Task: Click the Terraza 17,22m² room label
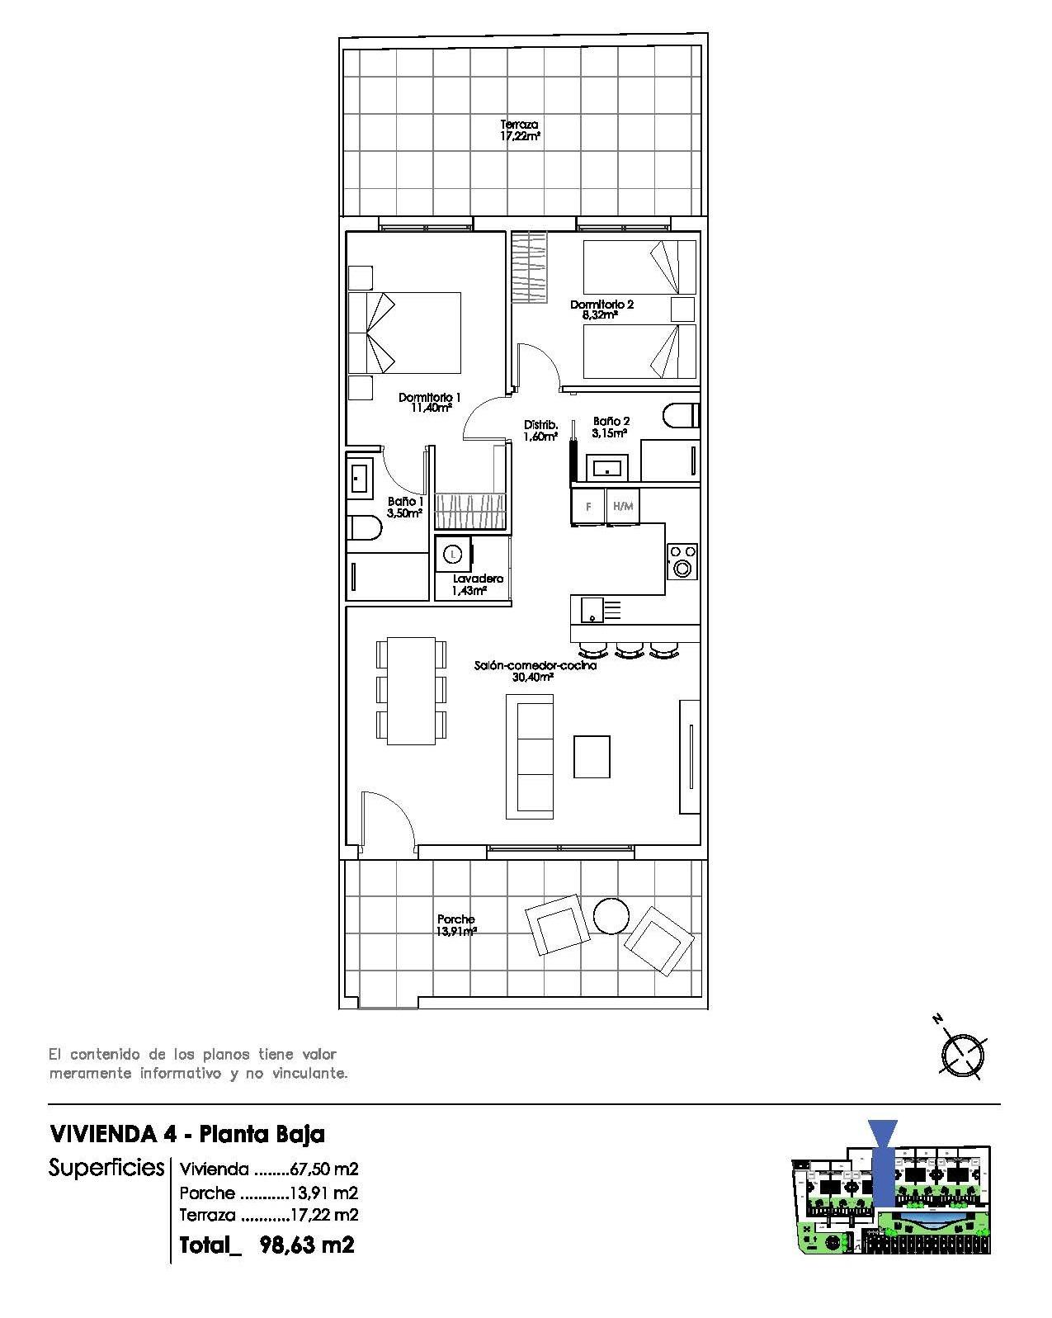coord(520,130)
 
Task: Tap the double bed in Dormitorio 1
coord(404,333)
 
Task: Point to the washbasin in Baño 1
coord(360,479)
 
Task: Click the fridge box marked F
coord(588,507)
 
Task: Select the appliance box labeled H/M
coord(623,507)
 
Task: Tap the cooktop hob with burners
coord(682,560)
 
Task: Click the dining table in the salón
coord(411,690)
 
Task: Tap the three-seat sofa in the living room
coord(530,756)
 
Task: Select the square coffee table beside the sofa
coord(592,757)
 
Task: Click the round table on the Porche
coord(611,915)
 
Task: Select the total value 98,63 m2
coord(306,1245)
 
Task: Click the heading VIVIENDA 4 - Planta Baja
coord(187,1133)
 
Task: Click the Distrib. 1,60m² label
coord(540,431)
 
